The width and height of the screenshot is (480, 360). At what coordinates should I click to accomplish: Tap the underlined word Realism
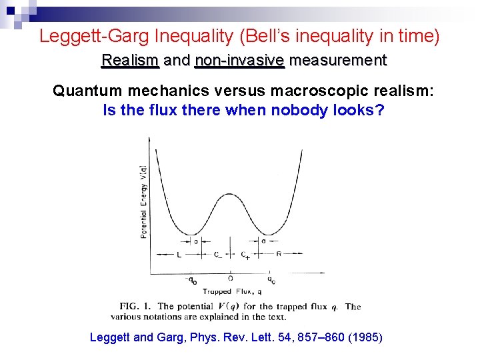[x=130, y=61]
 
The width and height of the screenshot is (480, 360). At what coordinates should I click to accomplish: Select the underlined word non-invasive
[x=239, y=61]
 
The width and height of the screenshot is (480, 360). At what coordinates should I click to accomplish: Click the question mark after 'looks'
[x=380, y=110]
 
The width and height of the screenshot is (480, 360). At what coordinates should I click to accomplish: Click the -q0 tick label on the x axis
[x=190, y=281]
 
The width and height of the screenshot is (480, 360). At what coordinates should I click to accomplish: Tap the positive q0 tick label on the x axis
[x=271, y=281]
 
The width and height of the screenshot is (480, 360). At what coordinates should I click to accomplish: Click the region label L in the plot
[x=179, y=255]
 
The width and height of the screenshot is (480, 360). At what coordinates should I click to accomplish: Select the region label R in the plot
[x=278, y=255]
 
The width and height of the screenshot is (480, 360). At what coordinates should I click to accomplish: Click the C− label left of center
[x=218, y=255]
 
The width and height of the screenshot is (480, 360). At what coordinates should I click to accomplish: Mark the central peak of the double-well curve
[x=231, y=194]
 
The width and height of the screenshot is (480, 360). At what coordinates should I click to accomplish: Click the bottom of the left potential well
[x=192, y=235]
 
